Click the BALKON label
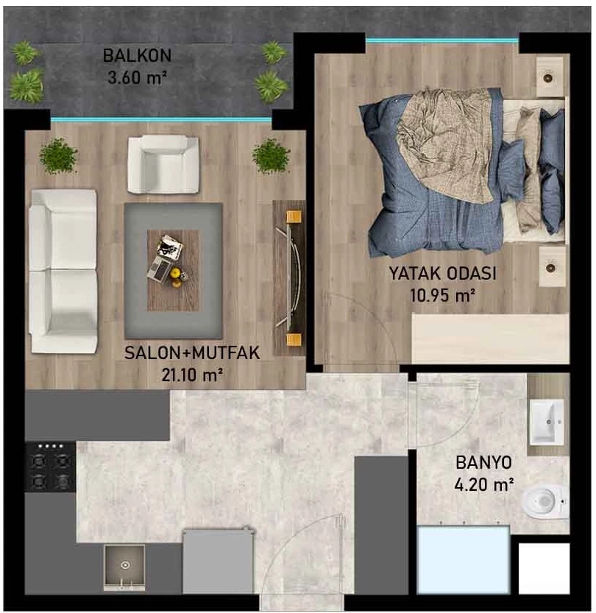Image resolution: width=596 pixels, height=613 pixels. pyautogui.click(x=137, y=55)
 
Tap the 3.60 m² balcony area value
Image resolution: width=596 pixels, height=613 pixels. pyautogui.click(x=137, y=77)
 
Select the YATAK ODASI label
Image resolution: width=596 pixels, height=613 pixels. pyautogui.click(x=442, y=273)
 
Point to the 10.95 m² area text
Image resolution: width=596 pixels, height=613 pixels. pyautogui.click(x=442, y=295)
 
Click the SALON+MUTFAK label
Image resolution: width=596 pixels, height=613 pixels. pyautogui.click(x=192, y=353)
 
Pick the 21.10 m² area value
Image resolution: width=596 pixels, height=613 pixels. pyautogui.click(x=192, y=375)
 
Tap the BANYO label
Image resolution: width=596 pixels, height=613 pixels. pyautogui.click(x=483, y=462)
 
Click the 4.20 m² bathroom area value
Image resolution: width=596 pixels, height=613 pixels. pyautogui.click(x=483, y=485)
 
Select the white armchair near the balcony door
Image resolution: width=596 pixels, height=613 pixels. pyautogui.click(x=163, y=164)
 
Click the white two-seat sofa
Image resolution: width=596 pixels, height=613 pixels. pyautogui.click(x=63, y=272)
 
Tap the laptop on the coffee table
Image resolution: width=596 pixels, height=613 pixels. pyautogui.click(x=160, y=269)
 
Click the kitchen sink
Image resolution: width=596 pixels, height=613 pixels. pyautogui.click(x=124, y=567)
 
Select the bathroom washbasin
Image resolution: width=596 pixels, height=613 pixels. pyautogui.click(x=547, y=422)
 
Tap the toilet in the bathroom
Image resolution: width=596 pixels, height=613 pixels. pyautogui.click(x=544, y=500)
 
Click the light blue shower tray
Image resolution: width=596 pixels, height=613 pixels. pyautogui.click(x=464, y=560)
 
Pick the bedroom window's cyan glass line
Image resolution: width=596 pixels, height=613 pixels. pyautogui.click(x=442, y=40)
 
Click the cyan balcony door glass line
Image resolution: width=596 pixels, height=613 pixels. pyautogui.click(x=161, y=120)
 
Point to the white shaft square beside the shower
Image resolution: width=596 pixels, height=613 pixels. pyautogui.click(x=544, y=568)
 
